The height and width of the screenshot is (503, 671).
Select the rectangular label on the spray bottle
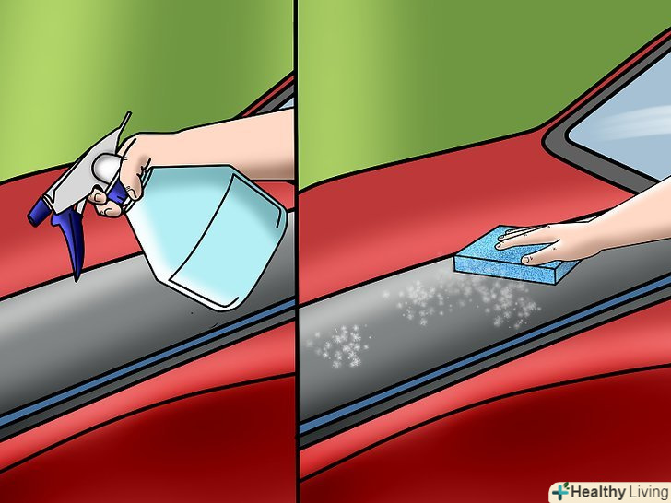click(227, 240)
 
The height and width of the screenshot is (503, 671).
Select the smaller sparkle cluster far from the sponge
click(338, 345)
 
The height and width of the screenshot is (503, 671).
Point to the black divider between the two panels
click(296, 251)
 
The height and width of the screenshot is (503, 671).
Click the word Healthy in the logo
click(598, 492)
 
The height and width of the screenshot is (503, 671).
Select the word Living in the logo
click(648, 492)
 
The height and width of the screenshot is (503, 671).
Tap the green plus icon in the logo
click(560, 492)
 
